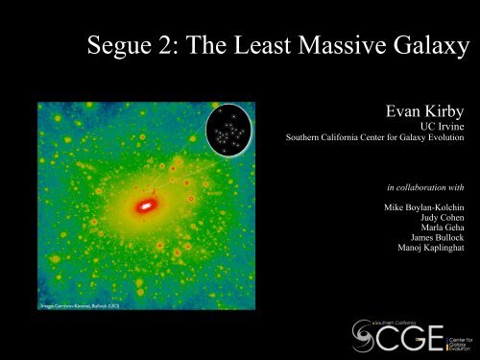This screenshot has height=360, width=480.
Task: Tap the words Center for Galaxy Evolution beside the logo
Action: click(x=455, y=338)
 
